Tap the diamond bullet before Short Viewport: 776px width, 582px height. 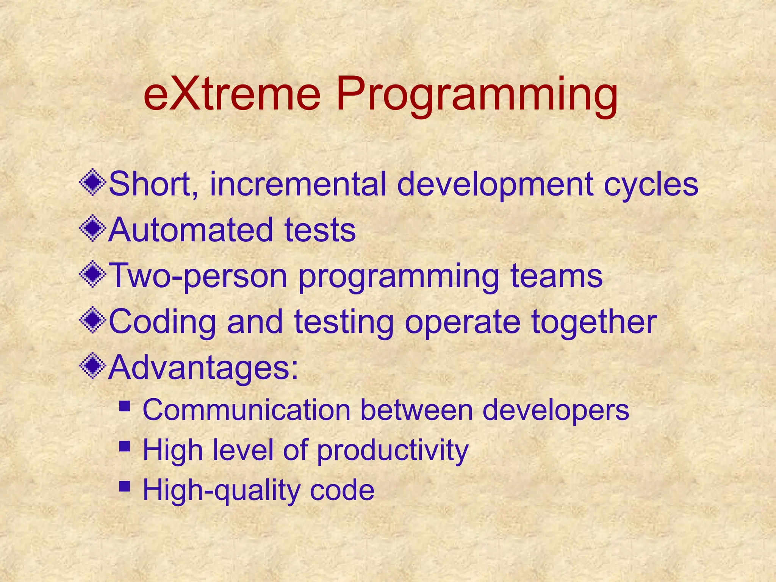pos(92,183)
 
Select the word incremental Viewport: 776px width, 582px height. pos(298,184)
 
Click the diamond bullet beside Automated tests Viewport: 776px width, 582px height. pos(92,229)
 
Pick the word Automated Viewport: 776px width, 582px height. pos(191,230)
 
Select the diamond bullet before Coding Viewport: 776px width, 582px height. pos(92,321)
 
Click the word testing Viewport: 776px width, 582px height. pos(344,322)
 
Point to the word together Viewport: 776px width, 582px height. pos(594,322)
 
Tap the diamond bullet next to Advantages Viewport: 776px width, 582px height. pos(92,367)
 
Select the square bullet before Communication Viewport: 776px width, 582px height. pos(124,407)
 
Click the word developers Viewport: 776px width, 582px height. pos(555,410)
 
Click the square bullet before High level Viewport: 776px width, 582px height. pos(124,446)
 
